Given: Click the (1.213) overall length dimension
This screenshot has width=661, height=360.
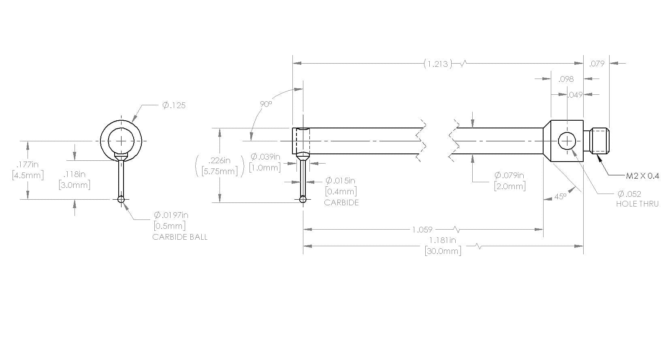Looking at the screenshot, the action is coord(438,64).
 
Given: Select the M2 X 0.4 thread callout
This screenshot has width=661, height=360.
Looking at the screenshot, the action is coord(642,176).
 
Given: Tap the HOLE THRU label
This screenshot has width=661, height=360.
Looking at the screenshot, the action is coord(638,204).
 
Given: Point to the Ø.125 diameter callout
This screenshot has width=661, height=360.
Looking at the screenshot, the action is coord(174,105).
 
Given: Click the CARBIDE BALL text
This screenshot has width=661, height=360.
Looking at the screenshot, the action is coord(180,237).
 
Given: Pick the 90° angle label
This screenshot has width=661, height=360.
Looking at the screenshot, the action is coord(266,104).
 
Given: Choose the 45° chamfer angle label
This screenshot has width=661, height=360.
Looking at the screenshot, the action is coord(561,196).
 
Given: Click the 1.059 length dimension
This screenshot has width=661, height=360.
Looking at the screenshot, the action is coord(422,230).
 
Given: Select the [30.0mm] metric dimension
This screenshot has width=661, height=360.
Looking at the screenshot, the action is coord(443,251).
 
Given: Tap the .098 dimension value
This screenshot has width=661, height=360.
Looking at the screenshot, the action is coord(566,79).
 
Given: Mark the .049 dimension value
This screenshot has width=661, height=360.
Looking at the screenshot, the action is coord(576,95).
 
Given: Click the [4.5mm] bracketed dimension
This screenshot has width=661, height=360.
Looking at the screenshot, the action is coord(28,175).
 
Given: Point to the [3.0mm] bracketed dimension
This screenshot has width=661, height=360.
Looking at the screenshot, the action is coord(75,185).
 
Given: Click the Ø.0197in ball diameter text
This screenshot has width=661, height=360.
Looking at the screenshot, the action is coord(171,215).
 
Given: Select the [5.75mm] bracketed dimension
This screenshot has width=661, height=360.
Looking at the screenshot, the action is coord(220,171).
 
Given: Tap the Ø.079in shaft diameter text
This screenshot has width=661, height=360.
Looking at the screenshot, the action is coord(510,175).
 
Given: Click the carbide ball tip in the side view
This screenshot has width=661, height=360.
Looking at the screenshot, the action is coord(303,200).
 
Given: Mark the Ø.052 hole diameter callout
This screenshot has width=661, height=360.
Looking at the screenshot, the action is coord(629,194).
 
